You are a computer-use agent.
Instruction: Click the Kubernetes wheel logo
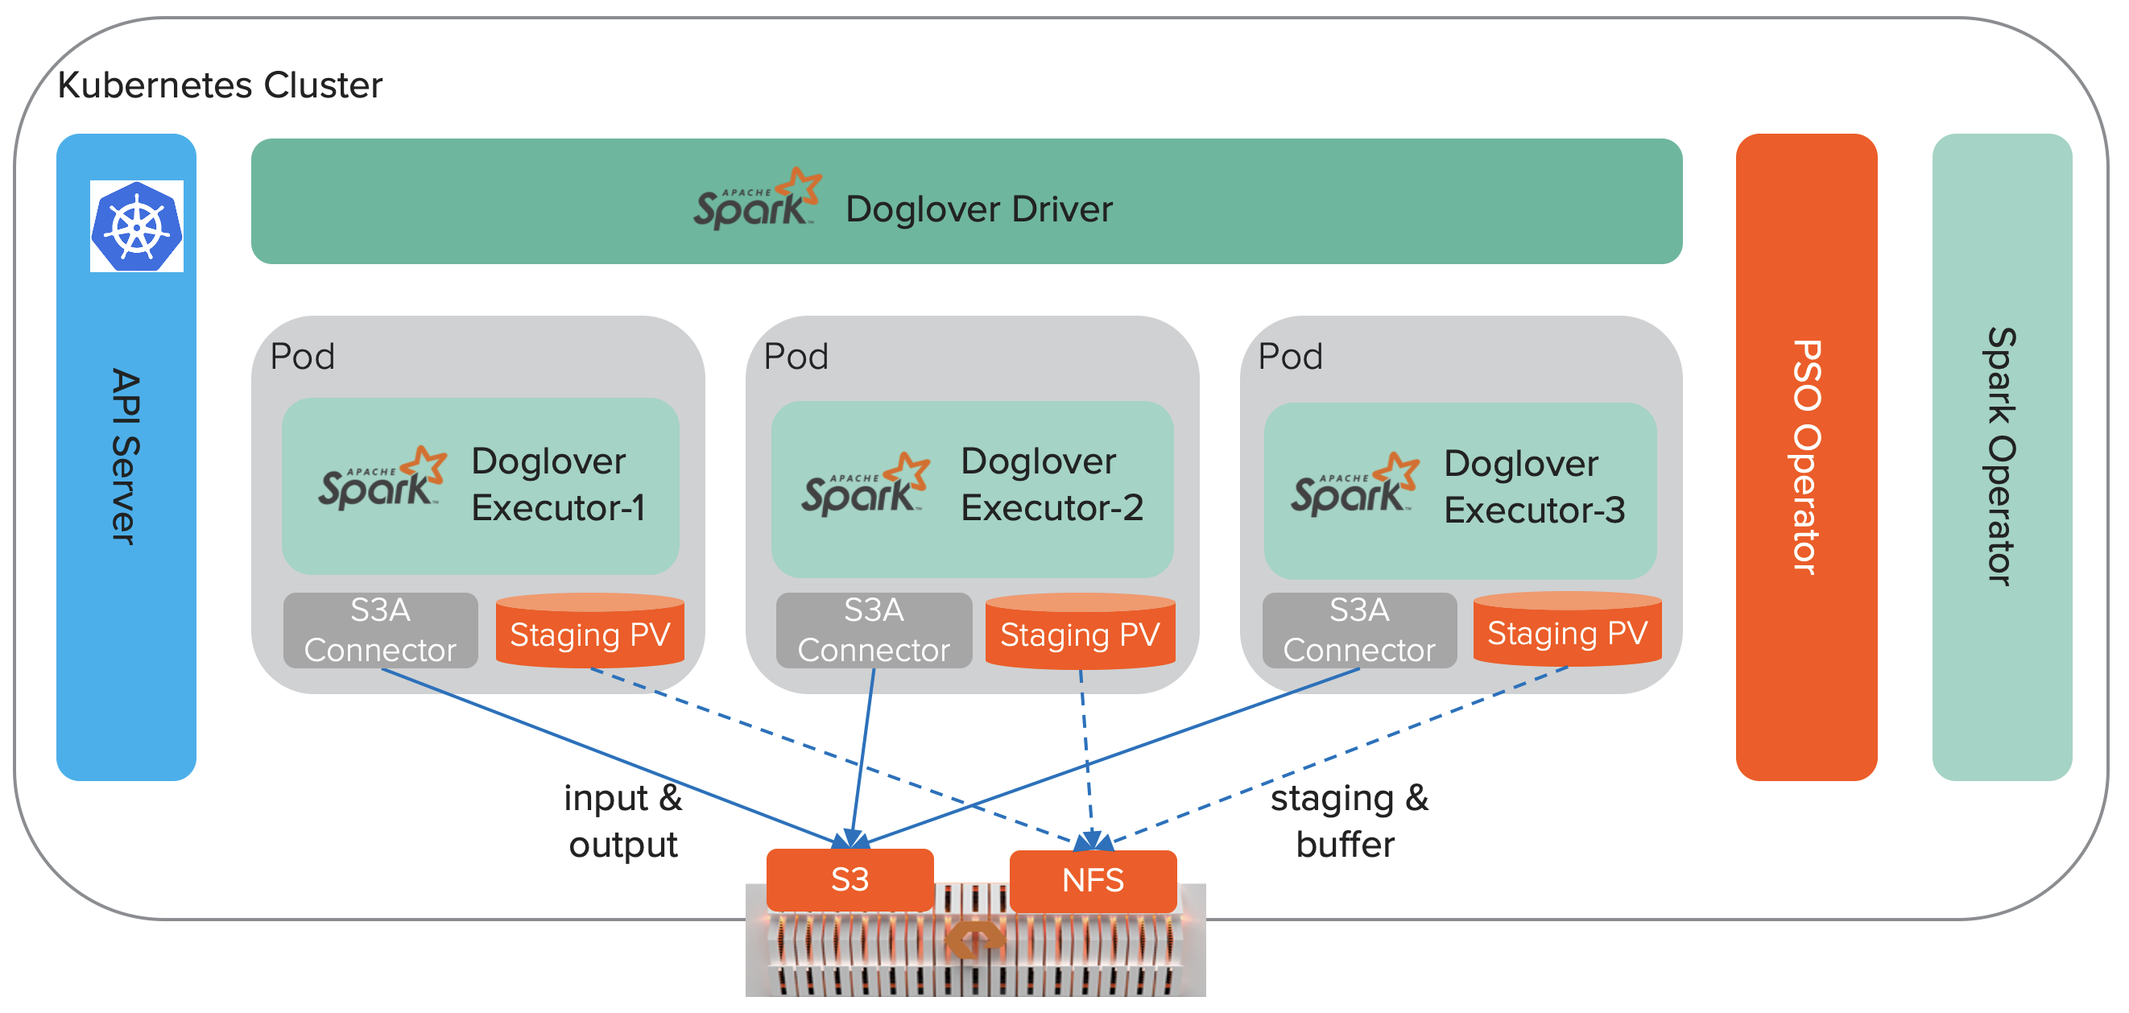[136, 226]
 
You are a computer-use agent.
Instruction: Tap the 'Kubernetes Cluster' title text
[220, 85]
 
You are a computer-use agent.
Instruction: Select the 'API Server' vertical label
[126, 456]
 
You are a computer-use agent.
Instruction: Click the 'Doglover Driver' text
[978, 209]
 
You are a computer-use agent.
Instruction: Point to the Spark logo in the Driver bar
[757, 199]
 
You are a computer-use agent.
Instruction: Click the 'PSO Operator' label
[1807, 456]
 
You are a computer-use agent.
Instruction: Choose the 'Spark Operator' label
[2002, 456]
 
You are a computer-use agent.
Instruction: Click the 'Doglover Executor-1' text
[557, 484]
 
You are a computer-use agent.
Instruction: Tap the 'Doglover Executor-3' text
[1534, 486]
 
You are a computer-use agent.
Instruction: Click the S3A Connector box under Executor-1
[380, 631]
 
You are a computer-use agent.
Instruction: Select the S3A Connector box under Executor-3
[1359, 631]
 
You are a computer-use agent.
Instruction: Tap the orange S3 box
[850, 879]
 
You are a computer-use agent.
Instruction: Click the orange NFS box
[1093, 881]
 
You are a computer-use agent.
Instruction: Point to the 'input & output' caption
[623, 821]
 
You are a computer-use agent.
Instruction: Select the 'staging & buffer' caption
[1349, 821]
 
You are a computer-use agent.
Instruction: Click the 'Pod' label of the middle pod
[796, 357]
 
